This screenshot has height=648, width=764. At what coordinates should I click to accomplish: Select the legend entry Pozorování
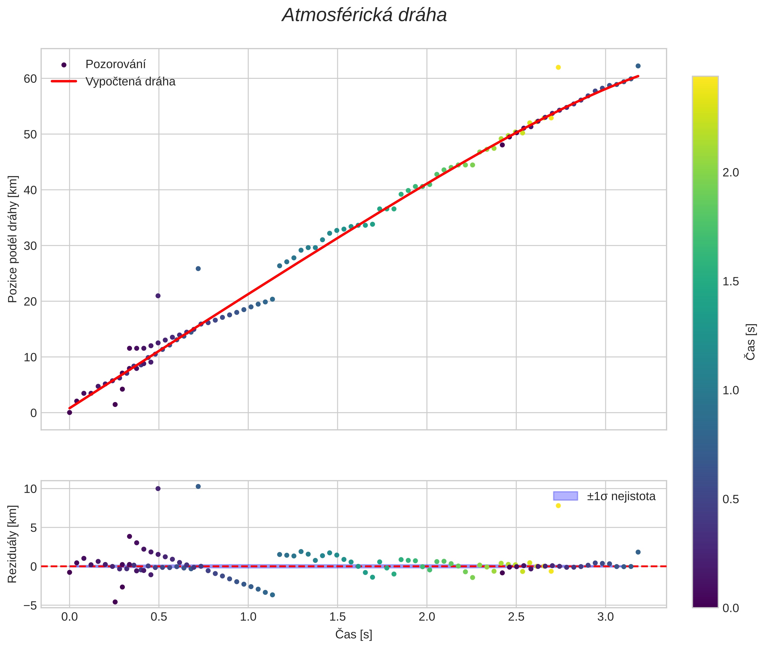115,64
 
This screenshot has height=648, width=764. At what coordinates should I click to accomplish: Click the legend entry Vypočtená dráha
130,82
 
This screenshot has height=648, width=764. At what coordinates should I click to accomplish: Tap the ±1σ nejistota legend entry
621,496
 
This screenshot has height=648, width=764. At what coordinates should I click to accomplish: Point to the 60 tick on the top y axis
30,79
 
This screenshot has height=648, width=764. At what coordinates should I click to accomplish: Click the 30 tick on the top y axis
30,246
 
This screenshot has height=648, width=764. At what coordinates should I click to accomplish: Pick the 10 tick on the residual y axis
30,489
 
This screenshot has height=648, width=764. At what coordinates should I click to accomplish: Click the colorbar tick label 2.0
731,173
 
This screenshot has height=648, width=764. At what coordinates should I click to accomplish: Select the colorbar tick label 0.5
731,500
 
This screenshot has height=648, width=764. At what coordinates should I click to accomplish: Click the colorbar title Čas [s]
751,342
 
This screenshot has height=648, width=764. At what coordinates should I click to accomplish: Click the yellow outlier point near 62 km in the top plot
558,67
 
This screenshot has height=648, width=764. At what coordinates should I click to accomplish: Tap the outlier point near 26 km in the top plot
198,269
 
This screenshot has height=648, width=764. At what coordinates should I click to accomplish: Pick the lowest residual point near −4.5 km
115,602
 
